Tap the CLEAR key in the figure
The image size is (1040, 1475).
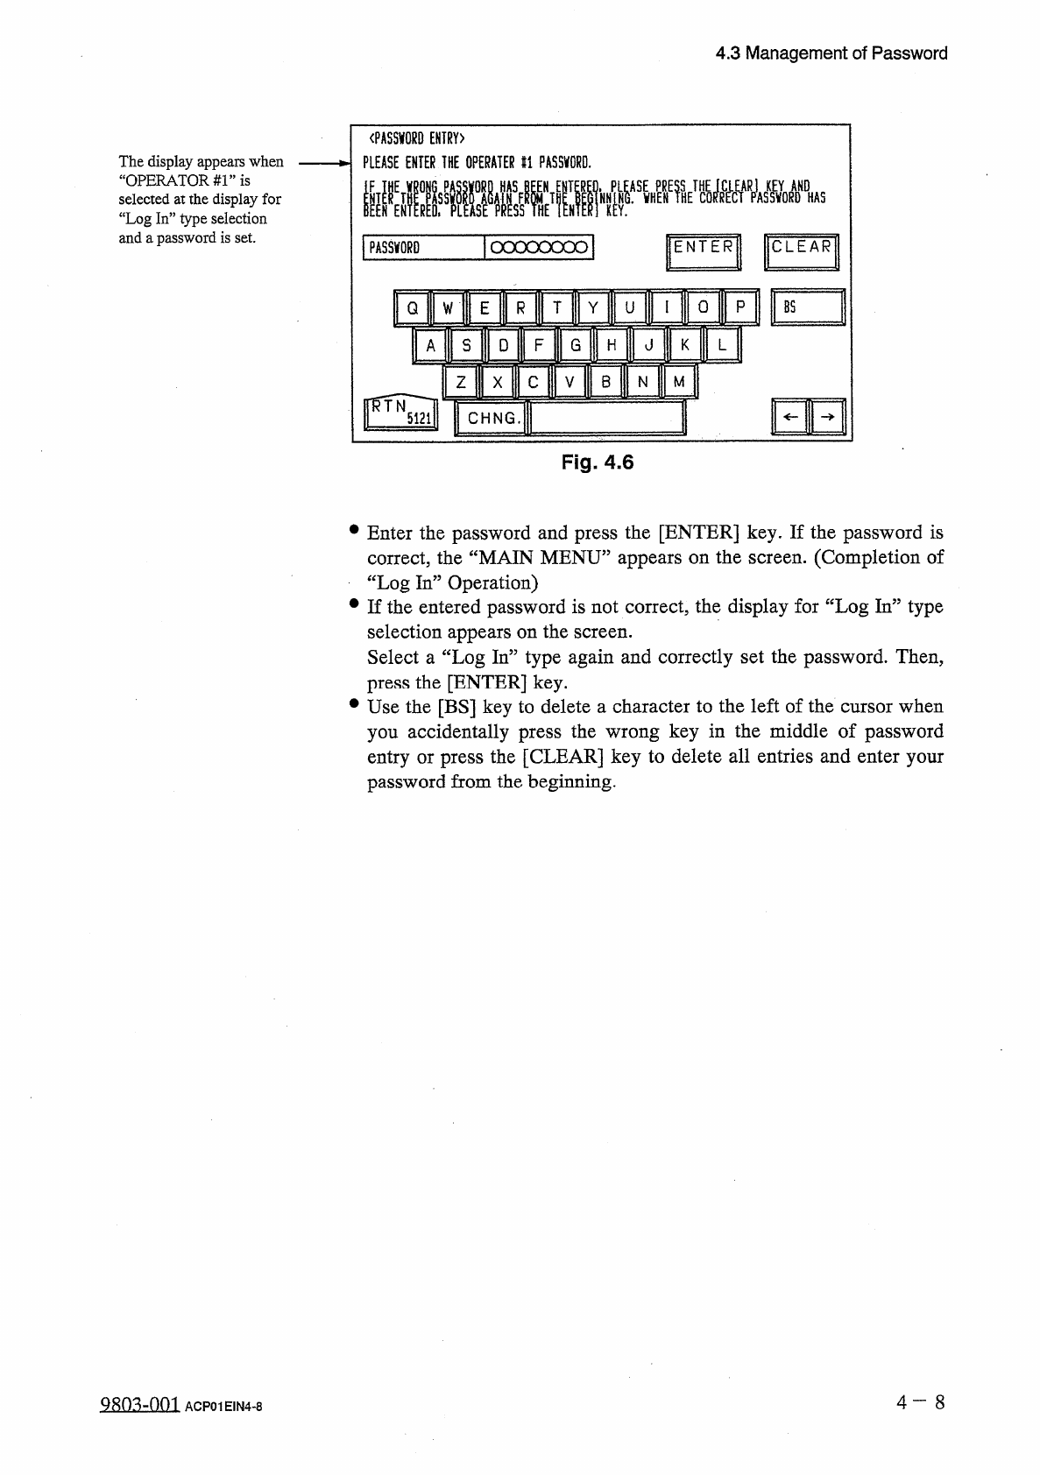tap(801, 251)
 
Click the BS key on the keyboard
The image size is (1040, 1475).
tap(807, 307)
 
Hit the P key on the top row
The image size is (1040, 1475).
tap(740, 307)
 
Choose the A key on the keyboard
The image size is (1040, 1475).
tap(429, 344)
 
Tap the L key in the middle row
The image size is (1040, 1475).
tap(722, 344)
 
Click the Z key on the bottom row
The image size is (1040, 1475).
tap(461, 381)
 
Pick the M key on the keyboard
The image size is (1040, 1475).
tap(679, 381)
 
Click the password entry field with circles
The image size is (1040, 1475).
tap(538, 248)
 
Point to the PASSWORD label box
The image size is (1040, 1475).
tap(422, 248)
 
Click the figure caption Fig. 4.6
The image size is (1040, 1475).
tap(597, 462)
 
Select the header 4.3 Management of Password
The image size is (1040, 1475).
tap(831, 53)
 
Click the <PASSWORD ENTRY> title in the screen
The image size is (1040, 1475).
tap(416, 138)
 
